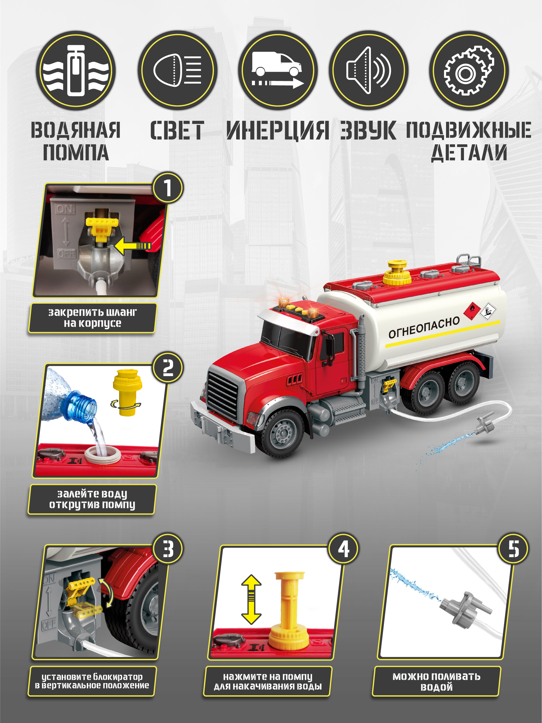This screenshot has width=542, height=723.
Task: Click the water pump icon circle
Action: (x=75, y=70)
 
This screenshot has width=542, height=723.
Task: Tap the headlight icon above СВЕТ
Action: (x=177, y=70)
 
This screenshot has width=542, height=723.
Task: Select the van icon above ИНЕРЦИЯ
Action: (x=278, y=70)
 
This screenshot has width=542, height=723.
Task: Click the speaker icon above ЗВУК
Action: (x=368, y=70)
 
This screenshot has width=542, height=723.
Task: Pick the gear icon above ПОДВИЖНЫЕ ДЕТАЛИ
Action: (x=469, y=71)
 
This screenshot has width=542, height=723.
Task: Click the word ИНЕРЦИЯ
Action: (x=278, y=130)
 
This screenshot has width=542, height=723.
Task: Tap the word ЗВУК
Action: (x=368, y=130)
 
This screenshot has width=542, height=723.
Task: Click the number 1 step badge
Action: (x=168, y=188)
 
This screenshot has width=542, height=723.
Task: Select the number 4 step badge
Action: (x=343, y=549)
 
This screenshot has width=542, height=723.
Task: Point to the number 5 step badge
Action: (x=513, y=549)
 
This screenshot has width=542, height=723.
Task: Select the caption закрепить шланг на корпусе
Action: (x=92, y=318)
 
